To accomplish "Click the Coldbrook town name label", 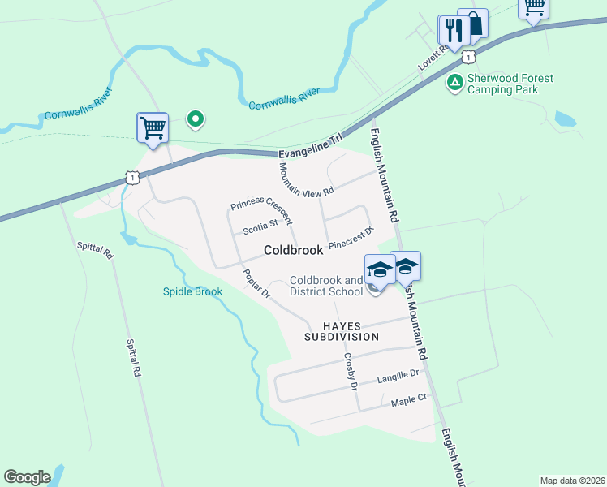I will click(294, 251).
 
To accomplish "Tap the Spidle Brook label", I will click(192, 291).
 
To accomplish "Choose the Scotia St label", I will click(260, 227).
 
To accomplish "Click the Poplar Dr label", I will click(256, 285).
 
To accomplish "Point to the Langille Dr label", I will click(398, 376).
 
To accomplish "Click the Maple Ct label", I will click(408, 400).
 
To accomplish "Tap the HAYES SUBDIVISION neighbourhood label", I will click(342, 330).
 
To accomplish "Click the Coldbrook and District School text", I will click(326, 286).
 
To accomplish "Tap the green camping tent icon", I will click(455, 82).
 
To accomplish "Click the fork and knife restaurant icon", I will click(451, 30).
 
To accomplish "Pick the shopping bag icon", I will click(474, 23).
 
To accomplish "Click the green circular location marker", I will click(195, 120).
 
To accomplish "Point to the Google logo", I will click(27, 477).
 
